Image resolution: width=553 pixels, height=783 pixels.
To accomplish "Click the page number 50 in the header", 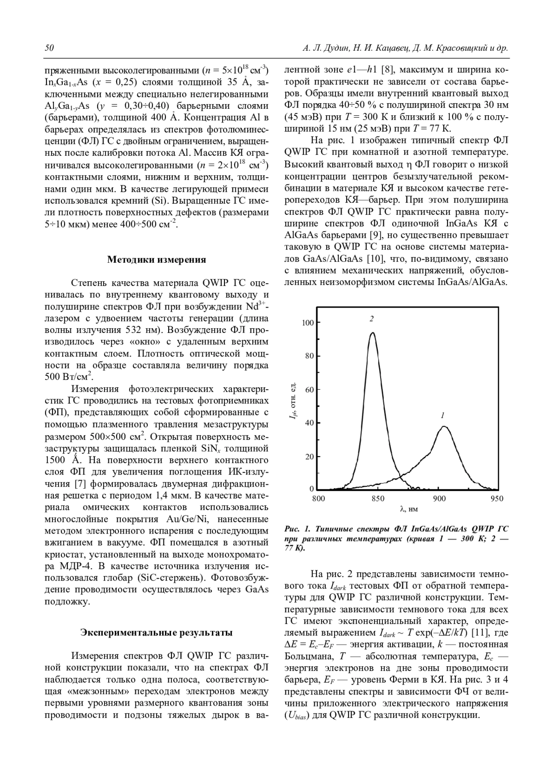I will click(x=49, y=48).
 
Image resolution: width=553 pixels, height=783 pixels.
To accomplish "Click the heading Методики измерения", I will click(x=156, y=259).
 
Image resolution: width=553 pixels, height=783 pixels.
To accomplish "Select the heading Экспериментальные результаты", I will click(x=156, y=632).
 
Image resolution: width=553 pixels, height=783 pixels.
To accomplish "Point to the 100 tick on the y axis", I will click(x=308, y=323).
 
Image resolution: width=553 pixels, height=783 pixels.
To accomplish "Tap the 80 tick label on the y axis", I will click(x=309, y=356).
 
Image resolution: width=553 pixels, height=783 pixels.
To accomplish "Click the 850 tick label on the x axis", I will click(x=378, y=498).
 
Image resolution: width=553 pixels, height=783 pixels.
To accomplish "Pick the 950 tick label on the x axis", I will click(x=497, y=498).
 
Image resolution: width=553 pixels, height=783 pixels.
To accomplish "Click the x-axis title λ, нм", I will click(x=409, y=509).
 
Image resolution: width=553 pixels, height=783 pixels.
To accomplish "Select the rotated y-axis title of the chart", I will click(x=293, y=401).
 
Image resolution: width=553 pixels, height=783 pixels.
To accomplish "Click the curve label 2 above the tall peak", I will click(x=371, y=319).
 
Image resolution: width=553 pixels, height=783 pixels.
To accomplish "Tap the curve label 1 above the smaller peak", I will click(x=442, y=415).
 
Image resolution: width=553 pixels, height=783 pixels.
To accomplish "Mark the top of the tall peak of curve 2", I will click(x=372, y=333).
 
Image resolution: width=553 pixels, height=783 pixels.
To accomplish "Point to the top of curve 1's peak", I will click(x=444, y=427).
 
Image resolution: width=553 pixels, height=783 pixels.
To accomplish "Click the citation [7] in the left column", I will click(x=80, y=484).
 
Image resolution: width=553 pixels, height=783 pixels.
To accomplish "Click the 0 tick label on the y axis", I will click(x=312, y=488).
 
